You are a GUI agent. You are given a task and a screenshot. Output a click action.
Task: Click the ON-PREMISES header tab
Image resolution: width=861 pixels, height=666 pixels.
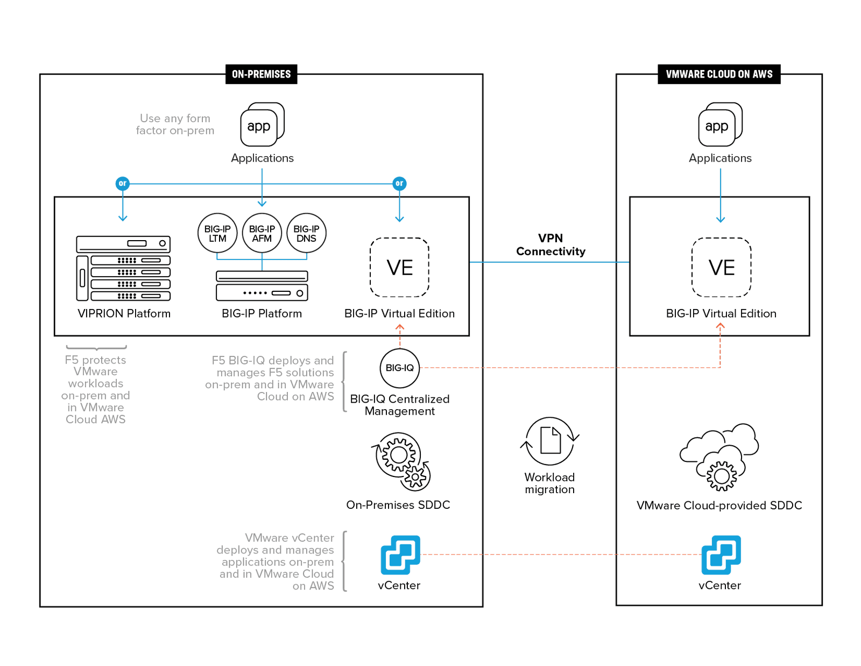point(261,74)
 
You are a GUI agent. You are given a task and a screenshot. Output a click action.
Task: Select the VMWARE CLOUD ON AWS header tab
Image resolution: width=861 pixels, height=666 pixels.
point(719,74)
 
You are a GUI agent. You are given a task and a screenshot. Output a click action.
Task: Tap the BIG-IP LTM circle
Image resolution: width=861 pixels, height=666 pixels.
point(217,233)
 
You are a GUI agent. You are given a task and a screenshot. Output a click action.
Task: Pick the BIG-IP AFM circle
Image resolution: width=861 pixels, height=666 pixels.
point(262,233)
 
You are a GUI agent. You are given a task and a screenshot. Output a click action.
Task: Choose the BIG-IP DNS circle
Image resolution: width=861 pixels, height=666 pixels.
point(306,233)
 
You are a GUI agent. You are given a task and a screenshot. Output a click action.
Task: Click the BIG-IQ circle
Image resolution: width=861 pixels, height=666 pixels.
point(399,368)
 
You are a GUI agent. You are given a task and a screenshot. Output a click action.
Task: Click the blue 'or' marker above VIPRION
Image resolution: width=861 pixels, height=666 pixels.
point(123,184)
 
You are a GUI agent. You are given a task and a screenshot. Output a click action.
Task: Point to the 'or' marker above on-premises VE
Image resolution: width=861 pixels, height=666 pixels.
point(399,184)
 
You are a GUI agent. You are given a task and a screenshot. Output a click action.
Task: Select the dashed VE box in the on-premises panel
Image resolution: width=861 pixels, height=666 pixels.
point(399,268)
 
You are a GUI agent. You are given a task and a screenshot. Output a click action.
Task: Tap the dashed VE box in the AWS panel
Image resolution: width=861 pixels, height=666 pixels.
point(721,268)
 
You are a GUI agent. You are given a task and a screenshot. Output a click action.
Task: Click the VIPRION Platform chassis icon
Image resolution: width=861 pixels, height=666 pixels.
point(123,268)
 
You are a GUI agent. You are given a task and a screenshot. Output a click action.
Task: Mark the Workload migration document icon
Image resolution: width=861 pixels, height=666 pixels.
point(550,440)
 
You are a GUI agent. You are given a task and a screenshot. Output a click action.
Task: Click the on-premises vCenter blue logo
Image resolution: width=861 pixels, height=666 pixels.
point(400,555)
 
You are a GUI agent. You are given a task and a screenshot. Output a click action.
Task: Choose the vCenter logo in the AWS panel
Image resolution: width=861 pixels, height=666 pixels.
point(721,555)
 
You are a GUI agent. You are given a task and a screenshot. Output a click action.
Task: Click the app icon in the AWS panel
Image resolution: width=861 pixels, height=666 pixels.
point(719,125)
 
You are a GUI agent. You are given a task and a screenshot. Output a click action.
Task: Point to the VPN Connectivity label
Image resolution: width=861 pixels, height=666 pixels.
point(551,244)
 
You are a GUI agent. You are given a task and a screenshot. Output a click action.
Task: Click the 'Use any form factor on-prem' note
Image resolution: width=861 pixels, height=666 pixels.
point(175,124)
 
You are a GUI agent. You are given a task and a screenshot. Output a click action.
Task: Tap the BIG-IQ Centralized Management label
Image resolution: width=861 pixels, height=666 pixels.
point(399,405)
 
